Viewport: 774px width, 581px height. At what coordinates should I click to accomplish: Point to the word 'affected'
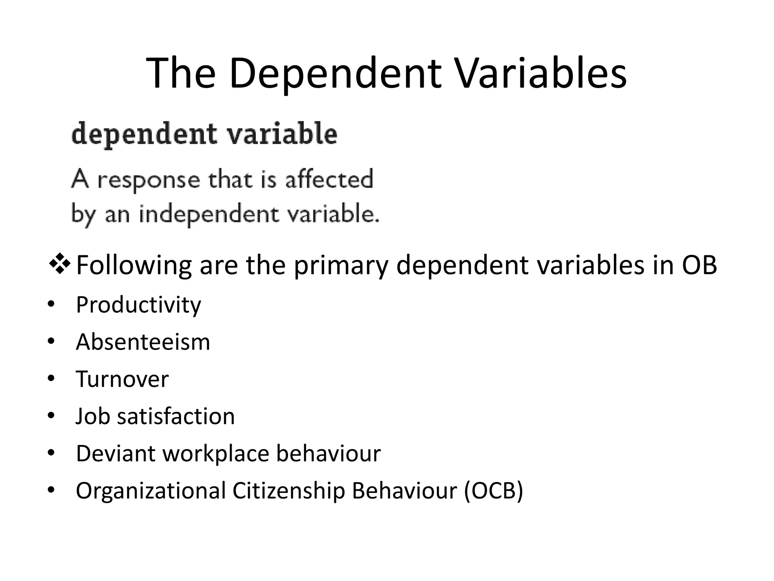click(x=329, y=179)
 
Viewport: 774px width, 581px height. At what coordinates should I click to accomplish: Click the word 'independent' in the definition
click(x=209, y=214)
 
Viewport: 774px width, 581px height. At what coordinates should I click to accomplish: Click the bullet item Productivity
click(x=138, y=305)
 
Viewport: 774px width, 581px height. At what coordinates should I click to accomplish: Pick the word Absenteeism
click(x=143, y=342)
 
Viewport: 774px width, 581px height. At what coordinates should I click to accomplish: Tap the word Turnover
click(x=122, y=379)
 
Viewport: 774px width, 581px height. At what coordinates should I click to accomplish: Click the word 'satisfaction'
click(x=176, y=416)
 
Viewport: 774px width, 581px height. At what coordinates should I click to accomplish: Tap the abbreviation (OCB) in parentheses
click(x=494, y=491)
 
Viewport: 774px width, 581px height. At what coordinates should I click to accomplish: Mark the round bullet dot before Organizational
click(x=51, y=491)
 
